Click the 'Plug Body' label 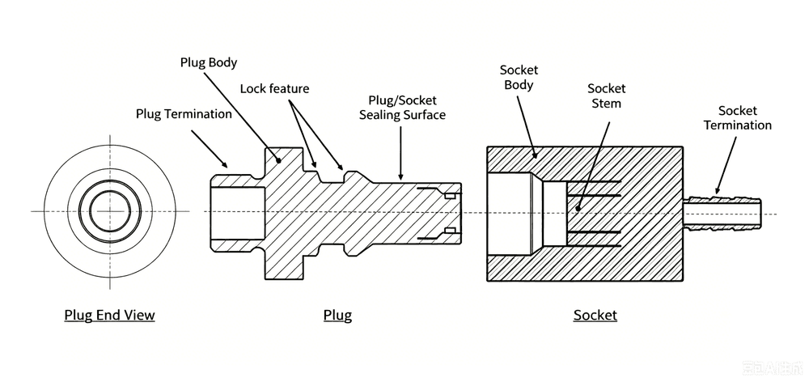pos(209,63)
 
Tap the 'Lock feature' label pos(274,89)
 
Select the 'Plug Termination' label pos(184,113)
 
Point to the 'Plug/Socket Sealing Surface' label pos(402,108)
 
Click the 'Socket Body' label pos(519,78)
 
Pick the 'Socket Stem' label pos(606,96)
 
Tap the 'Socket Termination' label pos(738,117)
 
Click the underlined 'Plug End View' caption pos(109,315)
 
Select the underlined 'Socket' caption pos(595,315)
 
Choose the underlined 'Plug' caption pos(337,315)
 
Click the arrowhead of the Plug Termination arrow pos(224,164)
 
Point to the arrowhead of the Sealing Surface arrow pos(401,176)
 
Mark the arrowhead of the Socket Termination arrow pos(716,190)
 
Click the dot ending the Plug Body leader pos(278,160)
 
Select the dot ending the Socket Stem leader pos(578,209)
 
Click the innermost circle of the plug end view pos(110,210)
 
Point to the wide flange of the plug pos(283,214)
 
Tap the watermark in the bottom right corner pos(773,368)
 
